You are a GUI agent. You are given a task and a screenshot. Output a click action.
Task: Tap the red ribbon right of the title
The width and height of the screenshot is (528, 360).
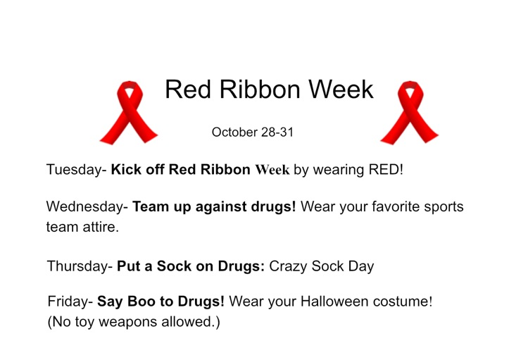[x=408, y=113]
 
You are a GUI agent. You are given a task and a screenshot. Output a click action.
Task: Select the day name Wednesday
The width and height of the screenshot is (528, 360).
[x=85, y=209]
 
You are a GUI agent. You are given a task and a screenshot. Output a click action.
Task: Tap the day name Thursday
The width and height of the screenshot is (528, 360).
[x=78, y=267]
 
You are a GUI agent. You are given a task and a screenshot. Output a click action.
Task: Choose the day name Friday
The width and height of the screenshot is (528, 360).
[x=68, y=302]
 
